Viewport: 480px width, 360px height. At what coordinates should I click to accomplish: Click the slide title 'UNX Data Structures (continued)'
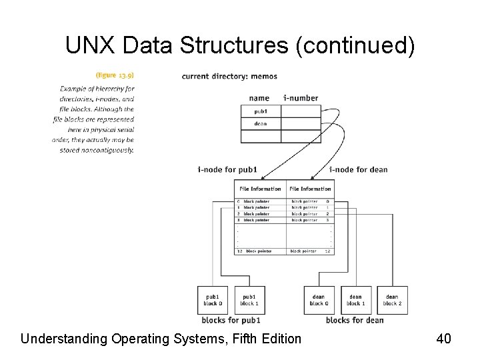pyautogui.click(x=240, y=45)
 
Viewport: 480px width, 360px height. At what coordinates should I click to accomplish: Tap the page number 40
pyautogui.click(x=444, y=339)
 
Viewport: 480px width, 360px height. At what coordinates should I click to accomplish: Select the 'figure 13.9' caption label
pyautogui.click(x=115, y=76)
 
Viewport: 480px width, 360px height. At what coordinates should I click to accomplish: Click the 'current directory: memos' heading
pyautogui.click(x=229, y=76)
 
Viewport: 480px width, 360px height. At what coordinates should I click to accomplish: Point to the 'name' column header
pyautogui.click(x=259, y=98)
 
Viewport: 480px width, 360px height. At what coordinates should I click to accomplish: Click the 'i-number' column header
pyautogui.click(x=301, y=98)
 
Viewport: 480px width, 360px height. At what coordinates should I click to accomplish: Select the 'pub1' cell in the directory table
pyautogui.click(x=261, y=111)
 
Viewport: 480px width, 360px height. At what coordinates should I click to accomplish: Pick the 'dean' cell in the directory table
pyautogui.click(x=261, y=123)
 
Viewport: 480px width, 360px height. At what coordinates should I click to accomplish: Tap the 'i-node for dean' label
pyautogui.click(x=359, y=169)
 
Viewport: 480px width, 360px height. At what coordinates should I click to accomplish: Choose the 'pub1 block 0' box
pyautogui.click(x=213, y=300)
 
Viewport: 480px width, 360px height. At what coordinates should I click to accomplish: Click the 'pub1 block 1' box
pyautogui.click(x=249, y=300)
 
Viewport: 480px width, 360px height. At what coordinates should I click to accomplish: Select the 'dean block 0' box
pyautogui.click(x=319, y=300)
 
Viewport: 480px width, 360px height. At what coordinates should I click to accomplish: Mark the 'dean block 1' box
pyautogui.click(x=355, y=300)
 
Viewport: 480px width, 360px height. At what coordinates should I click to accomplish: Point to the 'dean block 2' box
pyautogui.click(x=392, y=300)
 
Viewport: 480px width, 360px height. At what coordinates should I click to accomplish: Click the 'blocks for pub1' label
pyautogui.click(x=235, y=320)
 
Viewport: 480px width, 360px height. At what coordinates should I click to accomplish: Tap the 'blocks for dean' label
pyautogui.click(x=355, y=320)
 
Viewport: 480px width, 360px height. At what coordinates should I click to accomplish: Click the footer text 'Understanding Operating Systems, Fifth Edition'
pyautogui.click(x=161, y=339)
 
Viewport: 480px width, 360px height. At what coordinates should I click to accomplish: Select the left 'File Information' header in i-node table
pyautogui.click(x=261, y=189)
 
